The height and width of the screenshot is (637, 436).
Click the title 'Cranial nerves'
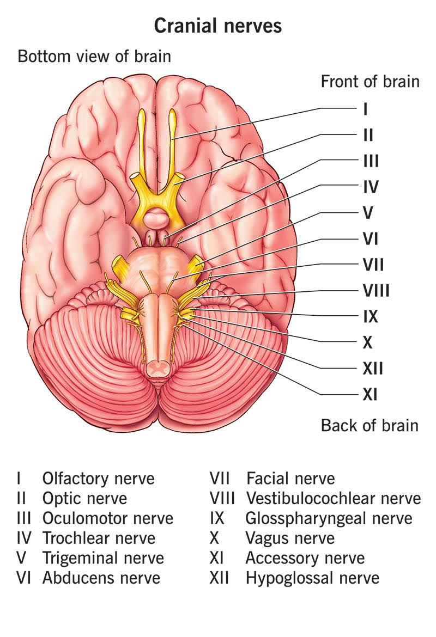[217, 26]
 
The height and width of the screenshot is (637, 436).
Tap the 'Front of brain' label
[370, 81]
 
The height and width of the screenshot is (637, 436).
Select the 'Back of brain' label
[370, 425]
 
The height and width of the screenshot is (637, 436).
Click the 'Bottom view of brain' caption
[94, 56]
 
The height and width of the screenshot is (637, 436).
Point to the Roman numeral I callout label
[365, 109]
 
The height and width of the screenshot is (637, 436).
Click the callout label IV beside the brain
[371, 187]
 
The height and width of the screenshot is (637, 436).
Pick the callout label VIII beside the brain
[376, 291]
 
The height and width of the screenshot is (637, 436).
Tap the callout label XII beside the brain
[373, 369]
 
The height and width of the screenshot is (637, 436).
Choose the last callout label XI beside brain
[370, 394]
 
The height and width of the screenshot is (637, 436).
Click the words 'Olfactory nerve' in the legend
[99, 478]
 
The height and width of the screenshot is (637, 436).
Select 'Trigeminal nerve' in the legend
[103, 559]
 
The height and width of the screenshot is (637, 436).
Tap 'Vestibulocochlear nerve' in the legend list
[334, 498]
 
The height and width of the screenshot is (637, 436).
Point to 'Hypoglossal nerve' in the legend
[312, 579]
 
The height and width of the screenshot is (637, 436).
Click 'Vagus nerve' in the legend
[290, 538]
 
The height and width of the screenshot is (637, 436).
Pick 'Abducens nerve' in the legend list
[101, 578]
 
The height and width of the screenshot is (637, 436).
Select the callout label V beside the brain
[368, 213]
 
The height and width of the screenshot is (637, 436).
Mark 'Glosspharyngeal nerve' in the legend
[329, 519]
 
